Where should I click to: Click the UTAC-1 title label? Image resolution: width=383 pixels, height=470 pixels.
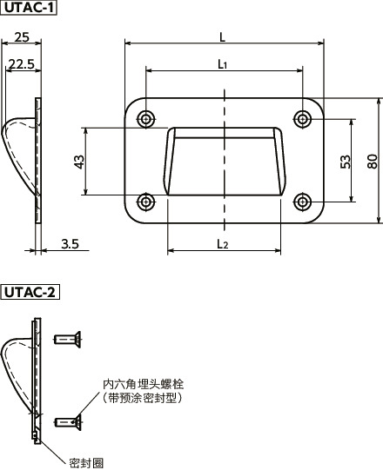(x=29, y=10)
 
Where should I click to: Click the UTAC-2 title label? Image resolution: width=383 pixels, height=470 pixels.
(x=30, y=291)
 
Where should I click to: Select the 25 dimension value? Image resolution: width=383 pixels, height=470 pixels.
(x=24, y=37)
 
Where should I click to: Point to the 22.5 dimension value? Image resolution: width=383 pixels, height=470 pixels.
(x=21, y=63)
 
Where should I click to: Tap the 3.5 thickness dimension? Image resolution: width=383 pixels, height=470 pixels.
(x=71, y=245)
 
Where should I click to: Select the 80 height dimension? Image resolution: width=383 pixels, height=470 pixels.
(x=372, y=161)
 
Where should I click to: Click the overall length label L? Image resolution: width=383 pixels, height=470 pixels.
(x=224, y=36)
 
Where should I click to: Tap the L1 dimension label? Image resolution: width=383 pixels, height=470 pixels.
(x=223, y=63)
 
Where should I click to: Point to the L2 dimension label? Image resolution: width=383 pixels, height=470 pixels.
(x=223, y=244)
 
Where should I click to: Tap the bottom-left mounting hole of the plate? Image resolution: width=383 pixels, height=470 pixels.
(x=146, y=202)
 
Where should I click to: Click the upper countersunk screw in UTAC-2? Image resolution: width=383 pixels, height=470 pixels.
(x=67, y=339)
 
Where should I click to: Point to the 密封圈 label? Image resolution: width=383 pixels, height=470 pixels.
(x=87, y=460)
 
